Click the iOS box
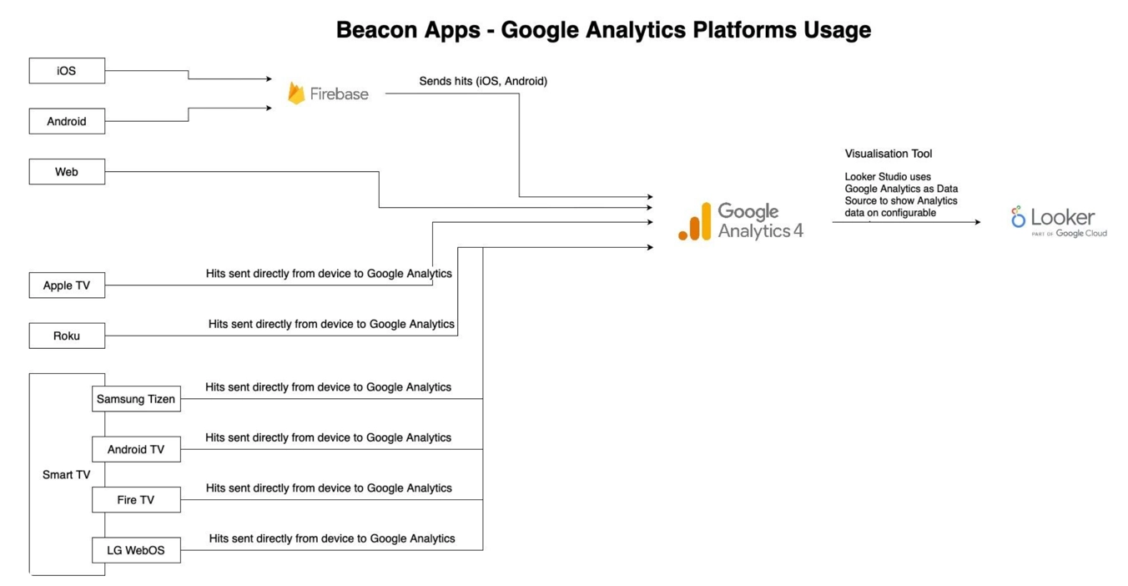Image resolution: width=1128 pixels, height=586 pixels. [67, 71]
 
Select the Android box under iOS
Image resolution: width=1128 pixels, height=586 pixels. [67, 121]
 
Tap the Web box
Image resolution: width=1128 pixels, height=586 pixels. [67, 172]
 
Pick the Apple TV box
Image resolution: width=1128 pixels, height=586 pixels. [67, 285]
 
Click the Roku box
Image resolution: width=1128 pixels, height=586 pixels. [67, 336]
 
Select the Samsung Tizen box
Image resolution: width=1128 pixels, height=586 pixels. [136, 399]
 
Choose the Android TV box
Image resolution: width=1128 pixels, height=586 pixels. [136, 449]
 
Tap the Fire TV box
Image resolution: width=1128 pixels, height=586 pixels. [136, 500]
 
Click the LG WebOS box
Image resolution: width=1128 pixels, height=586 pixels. [136, 550]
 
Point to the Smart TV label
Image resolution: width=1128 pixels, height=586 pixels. [66, 475]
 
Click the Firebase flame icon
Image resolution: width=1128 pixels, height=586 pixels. [296, 93]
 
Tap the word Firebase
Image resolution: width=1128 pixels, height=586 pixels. [339, 94]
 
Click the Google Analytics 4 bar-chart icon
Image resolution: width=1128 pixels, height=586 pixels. [695, 222]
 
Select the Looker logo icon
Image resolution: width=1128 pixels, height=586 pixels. [1018, 217]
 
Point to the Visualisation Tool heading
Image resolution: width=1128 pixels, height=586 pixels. [888, 154]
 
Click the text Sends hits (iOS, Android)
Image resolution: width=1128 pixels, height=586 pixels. [483, 81]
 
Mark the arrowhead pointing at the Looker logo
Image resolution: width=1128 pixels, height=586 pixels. [977, 222]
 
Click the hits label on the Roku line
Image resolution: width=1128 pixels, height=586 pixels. [331, 324]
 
